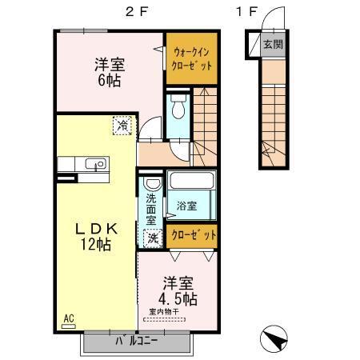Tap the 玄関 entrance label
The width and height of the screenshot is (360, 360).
click(273, 44)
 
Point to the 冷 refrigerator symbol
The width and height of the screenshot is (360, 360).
click(122, 125)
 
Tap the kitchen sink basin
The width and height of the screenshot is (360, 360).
click(99, 165)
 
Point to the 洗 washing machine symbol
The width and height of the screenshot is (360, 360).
click(151, 237)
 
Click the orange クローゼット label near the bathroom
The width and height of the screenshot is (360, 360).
click(194, 236)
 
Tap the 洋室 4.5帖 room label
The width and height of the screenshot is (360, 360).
click(178, 290)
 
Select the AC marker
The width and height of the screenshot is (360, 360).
click(68, 318)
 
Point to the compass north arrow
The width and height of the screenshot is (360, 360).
click(274, 339)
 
